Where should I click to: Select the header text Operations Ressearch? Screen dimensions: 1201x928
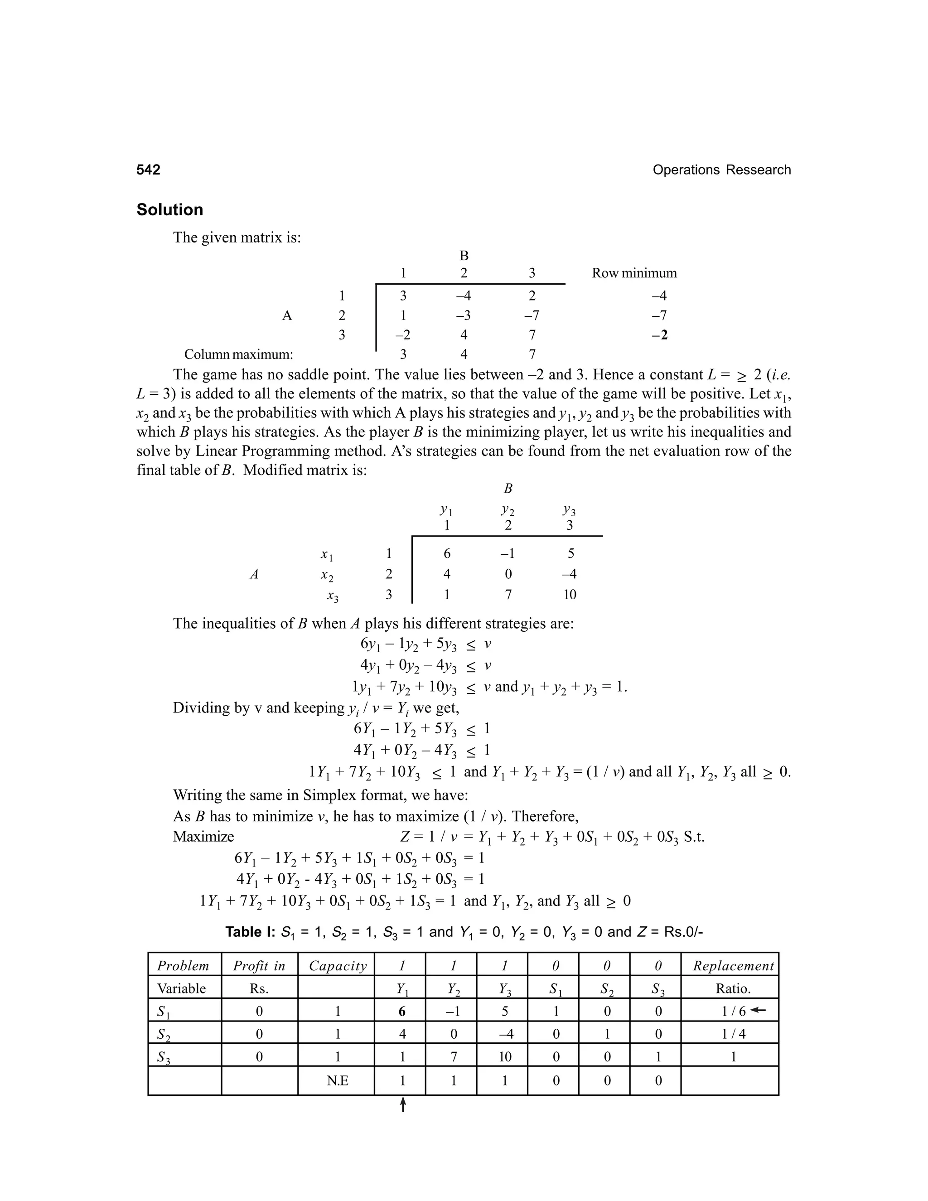point(721,170)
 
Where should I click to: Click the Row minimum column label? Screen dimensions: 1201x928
point(634,273)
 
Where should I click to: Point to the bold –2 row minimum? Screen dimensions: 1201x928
point(659,335)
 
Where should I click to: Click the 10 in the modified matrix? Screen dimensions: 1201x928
point(570,595)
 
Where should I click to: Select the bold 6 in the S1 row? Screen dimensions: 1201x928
point(402,1011)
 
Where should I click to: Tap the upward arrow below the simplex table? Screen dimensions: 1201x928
point(402,1104)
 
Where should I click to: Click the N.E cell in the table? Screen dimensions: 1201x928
point(337,1080)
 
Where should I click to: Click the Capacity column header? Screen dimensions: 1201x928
point(338,966)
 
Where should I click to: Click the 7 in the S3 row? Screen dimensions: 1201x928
point(454,1056)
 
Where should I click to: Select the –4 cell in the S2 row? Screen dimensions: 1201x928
point(505,1034)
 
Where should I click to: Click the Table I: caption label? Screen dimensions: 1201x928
point(250,931)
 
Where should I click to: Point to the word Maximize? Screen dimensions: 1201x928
point(203,837)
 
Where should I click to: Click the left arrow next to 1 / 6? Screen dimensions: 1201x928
point(758,1010)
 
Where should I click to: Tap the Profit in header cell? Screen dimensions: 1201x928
point(259,966)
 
